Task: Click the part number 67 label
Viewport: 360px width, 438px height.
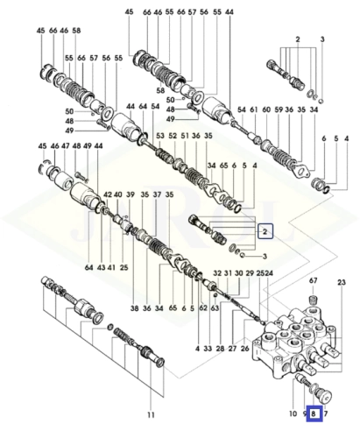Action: point(313,280)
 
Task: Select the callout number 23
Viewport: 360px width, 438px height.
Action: point(342,282)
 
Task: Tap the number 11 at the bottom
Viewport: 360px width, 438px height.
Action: point(151,414)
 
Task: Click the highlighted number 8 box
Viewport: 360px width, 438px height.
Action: point(314,413)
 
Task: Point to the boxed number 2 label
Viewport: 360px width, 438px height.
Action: point(265,231)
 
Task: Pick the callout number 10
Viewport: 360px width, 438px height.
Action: point(293,413)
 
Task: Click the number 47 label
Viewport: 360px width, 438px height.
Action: point(65,145)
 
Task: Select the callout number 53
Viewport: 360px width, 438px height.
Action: point(160,136)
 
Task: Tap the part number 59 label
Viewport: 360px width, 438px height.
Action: point(279,109)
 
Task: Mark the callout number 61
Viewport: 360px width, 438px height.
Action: point(254,109)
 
